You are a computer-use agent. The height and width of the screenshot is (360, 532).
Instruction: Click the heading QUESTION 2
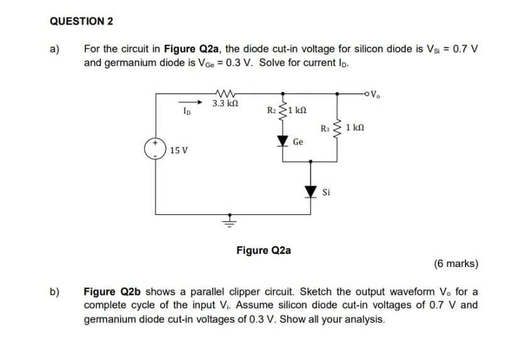(81, 21)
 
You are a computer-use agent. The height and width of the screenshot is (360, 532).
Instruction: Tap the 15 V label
(179, 151)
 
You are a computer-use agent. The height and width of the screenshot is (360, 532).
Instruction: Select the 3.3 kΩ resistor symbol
(224, 93)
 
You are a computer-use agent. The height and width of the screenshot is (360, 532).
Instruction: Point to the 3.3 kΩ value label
(224, 103)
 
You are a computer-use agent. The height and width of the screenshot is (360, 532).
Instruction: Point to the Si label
(327, 192)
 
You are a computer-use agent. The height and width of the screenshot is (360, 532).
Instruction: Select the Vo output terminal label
(376, 95)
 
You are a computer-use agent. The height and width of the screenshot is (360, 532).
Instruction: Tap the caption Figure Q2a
(263, 250)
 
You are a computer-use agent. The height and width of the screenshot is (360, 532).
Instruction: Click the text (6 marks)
(456, 263)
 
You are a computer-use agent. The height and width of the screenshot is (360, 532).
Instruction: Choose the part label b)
(55, 292)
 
